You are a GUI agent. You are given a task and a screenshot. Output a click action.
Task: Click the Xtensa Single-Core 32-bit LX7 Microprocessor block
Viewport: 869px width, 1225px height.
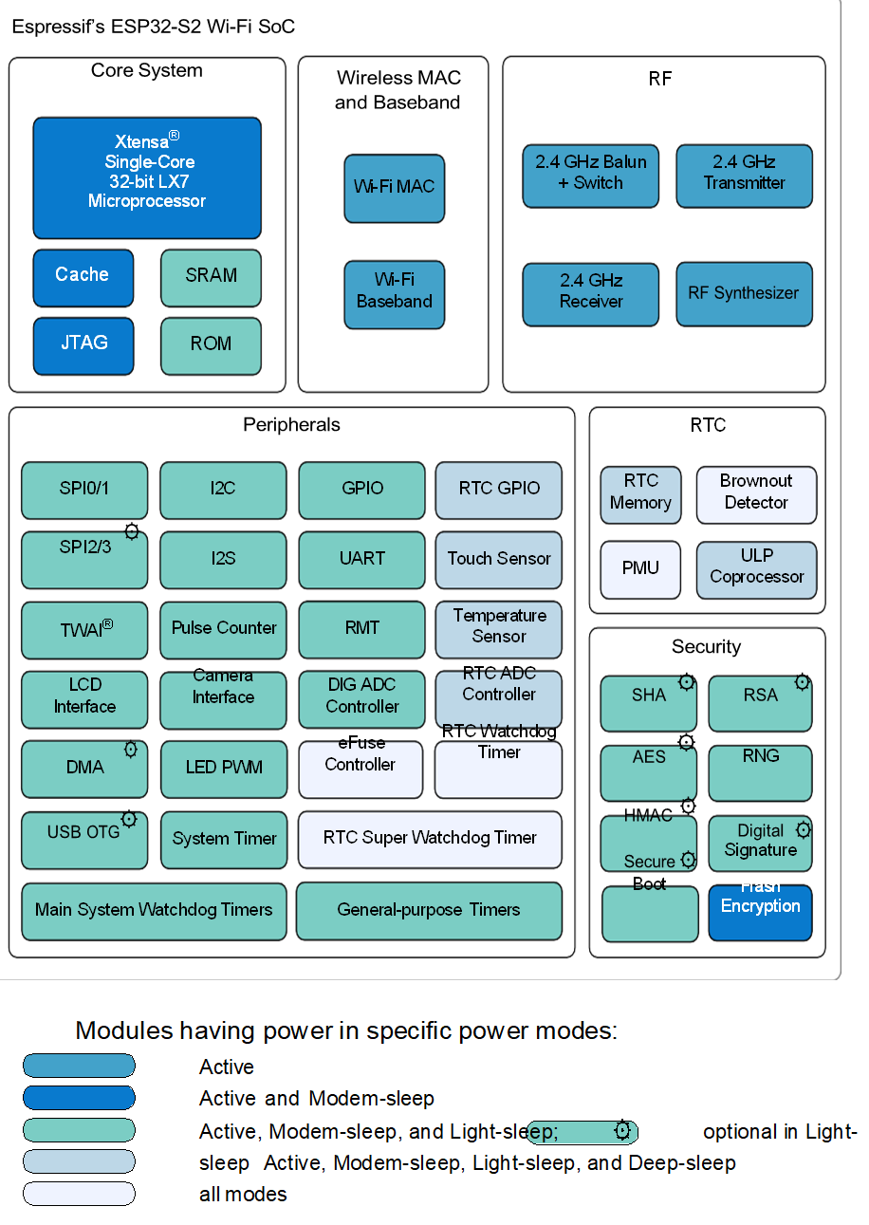click(147, 177)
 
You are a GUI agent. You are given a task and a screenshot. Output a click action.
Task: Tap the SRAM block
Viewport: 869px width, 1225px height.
click(211, 277)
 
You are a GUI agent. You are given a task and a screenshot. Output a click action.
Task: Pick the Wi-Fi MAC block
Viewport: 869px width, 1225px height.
click(394, 188)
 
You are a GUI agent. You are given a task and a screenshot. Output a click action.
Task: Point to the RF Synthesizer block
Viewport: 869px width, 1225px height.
click(744, 294)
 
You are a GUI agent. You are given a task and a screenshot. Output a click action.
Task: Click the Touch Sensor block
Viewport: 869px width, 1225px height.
click(498, 560)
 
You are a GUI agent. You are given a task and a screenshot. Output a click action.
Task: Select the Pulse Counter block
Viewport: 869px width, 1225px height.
click(223, 630)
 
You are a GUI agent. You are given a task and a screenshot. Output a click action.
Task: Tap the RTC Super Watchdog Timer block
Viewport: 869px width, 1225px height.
click(430, 839)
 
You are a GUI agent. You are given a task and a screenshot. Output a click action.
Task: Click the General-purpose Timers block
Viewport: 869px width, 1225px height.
click(429, 911)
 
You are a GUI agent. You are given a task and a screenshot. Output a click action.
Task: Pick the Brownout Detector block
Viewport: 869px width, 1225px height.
click(756, 494)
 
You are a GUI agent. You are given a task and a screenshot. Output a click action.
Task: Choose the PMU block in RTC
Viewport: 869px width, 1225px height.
click(640, 569)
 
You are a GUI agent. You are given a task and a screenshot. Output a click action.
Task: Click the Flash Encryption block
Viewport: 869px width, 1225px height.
click(760, 912)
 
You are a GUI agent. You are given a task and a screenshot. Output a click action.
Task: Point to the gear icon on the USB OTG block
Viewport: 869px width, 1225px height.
click(130, 819)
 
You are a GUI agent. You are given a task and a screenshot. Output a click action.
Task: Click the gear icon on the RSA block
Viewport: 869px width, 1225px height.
click(803, 681)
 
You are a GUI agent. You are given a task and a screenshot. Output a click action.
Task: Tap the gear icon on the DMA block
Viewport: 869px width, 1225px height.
click(131, 750)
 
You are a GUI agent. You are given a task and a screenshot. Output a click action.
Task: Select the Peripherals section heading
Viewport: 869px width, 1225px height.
click(291, 425)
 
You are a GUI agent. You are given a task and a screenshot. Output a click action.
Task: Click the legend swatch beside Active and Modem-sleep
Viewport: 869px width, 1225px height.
click(79, 1098)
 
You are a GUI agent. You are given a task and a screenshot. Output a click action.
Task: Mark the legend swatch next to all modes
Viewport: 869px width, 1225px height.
click(79, 1194)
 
